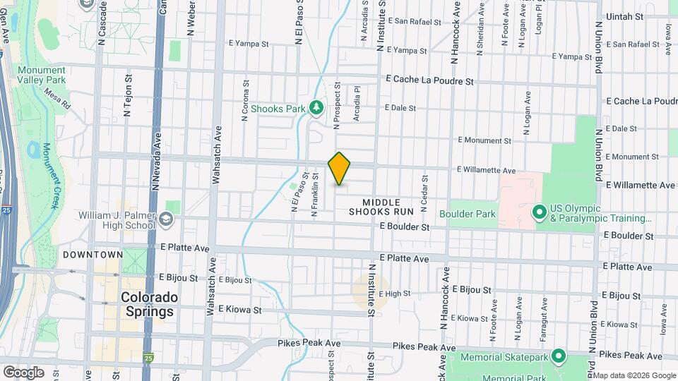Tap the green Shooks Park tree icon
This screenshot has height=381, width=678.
(x=317, y=108)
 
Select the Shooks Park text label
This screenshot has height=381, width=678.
(x=281, y=109)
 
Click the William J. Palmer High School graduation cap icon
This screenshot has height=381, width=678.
(x=166, y=219)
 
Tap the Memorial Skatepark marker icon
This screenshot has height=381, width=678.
(x=559, y=357)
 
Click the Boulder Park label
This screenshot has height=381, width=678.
(x=467, y=214)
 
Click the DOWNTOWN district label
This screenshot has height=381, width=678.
(x=93, y=254)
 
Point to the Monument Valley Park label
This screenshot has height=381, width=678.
(x=42, y=75)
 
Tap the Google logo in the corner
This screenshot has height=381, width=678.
(x=23, y=372)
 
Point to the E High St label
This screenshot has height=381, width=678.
(x=395, y=294)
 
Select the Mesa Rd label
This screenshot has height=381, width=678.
(x=57, y=97)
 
